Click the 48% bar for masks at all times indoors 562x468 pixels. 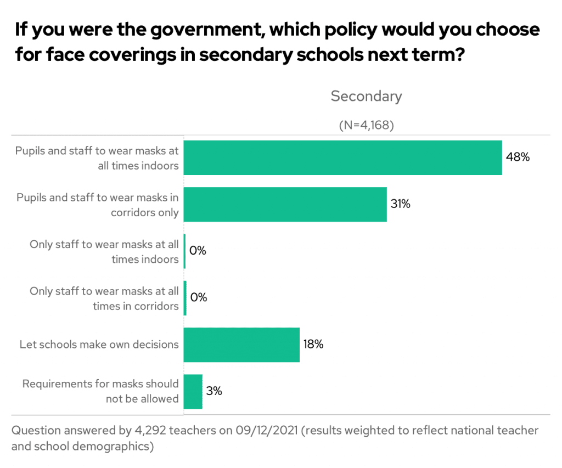pos(342,158)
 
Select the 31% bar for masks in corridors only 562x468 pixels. pos(285,205)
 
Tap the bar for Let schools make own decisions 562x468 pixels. pos(241,345)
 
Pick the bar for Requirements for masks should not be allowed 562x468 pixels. pos(193,392)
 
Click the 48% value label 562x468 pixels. pos(518,157)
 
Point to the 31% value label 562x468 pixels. pos(401,204)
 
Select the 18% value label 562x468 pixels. pos(313,345)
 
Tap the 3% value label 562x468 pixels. pos(214,391)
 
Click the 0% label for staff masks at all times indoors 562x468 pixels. pos(198,251)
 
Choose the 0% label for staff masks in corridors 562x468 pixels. pos(198,297)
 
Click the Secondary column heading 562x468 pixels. pos(366,97)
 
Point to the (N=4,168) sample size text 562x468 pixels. pos(366,125)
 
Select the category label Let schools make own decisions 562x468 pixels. pos(99,345)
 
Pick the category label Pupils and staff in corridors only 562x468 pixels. pos(98,205)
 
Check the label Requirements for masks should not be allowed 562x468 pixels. pos(100,391)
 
